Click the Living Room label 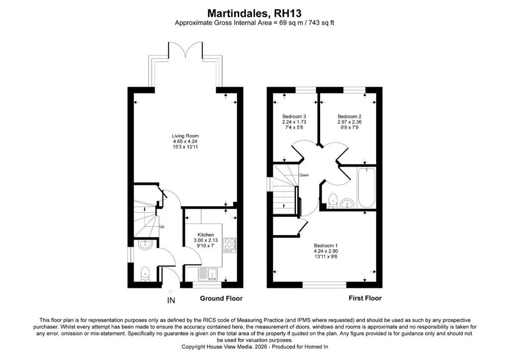(x=185, y=136)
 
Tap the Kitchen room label (x=206, y=235)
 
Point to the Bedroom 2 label (x=349, y=116)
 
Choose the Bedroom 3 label (x=294, y=116)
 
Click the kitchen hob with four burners (x=230, y=246)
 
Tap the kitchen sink (x=208, y=274)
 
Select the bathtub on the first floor (x=366, y=188)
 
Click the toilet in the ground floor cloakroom (x=145, y=273)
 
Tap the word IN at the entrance (x=171, y=301)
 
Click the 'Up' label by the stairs (x=162, y=227)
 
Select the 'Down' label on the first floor (x=304, y=175)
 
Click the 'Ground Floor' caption (x=221, y=298)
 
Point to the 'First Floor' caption (x=365, y=298)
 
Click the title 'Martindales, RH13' (x=254, y=13)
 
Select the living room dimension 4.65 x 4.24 (x=185, y=142)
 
